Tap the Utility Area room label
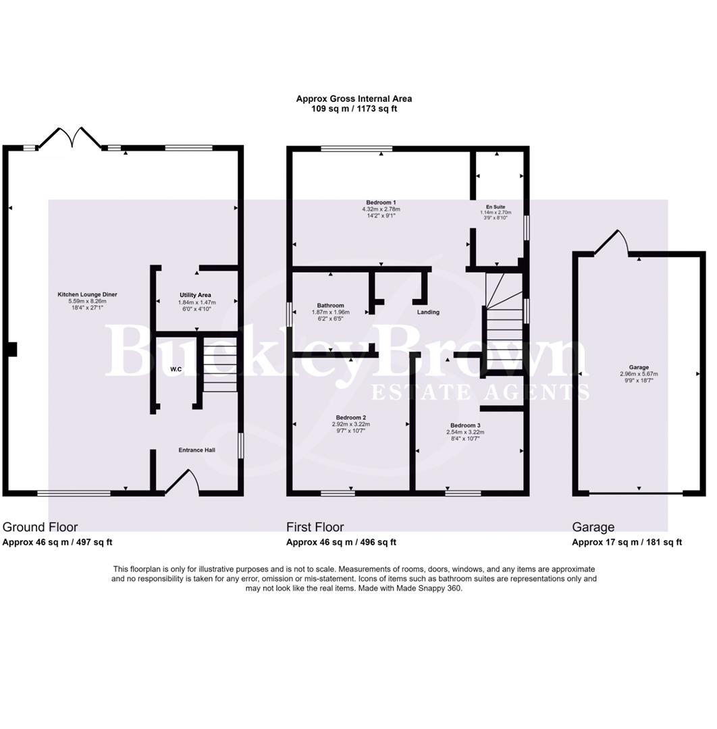pyautogui.click(x=196, y=295)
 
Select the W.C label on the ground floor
pyautogui.click(x=176, y=369)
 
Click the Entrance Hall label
pyautogui.click(x=196, y=450)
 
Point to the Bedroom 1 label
pyautogui.click(x=381, y=202)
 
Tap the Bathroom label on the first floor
pyautogui.click(x=331, y=305)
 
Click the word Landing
pyautogui.click(x=428, y=313)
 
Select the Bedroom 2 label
pyautogui.click(x=351, y=418)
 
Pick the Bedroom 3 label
pyautogui.click(x=465, y=425)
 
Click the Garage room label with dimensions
pyautogui.click(x=639, y=367)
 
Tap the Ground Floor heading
pyautogui.click(x=41, y=527)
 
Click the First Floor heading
pyautogui.click(x=315, y=527)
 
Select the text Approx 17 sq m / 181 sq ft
pyautogui.click(x=627, y=542)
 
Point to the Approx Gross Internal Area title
pyautogui.click(x=354, y=99)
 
